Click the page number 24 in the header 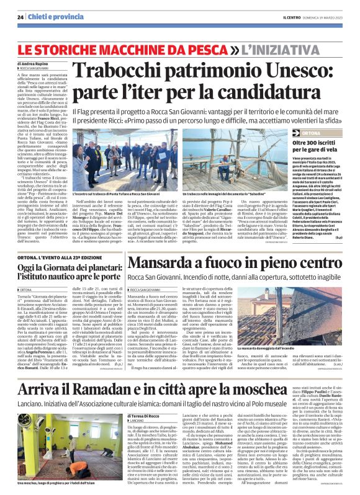click(20, 17)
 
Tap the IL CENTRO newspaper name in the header click(292, 17)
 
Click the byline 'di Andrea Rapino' click(32, 64)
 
